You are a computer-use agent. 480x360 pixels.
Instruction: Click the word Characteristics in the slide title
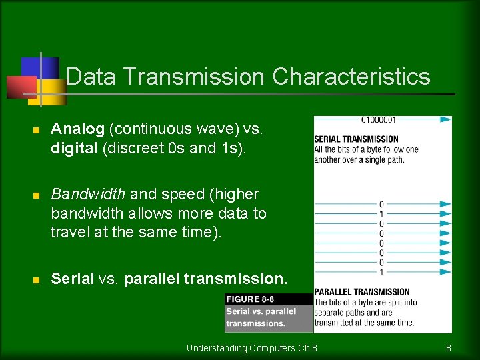pos(351,77)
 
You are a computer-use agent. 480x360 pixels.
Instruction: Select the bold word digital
pos(74,148)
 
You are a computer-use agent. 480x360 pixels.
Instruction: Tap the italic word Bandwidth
pos(88,194)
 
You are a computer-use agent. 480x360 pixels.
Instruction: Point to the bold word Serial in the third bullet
pos(72,279)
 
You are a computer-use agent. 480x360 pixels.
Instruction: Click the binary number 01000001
pos(378,120)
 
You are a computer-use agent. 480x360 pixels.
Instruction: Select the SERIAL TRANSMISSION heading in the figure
pos(356,139)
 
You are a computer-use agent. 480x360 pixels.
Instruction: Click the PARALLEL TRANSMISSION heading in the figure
pos(361,292)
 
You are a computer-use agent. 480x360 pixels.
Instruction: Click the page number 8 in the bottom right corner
pos(449,348)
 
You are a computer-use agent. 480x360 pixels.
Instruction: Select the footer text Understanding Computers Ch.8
pos(252,348)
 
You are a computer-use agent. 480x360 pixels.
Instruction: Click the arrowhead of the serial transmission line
pos(446,120)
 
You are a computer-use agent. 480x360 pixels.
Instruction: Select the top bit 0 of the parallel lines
pos(381,205)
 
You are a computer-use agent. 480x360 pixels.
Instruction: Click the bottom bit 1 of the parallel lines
pos(381,272)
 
